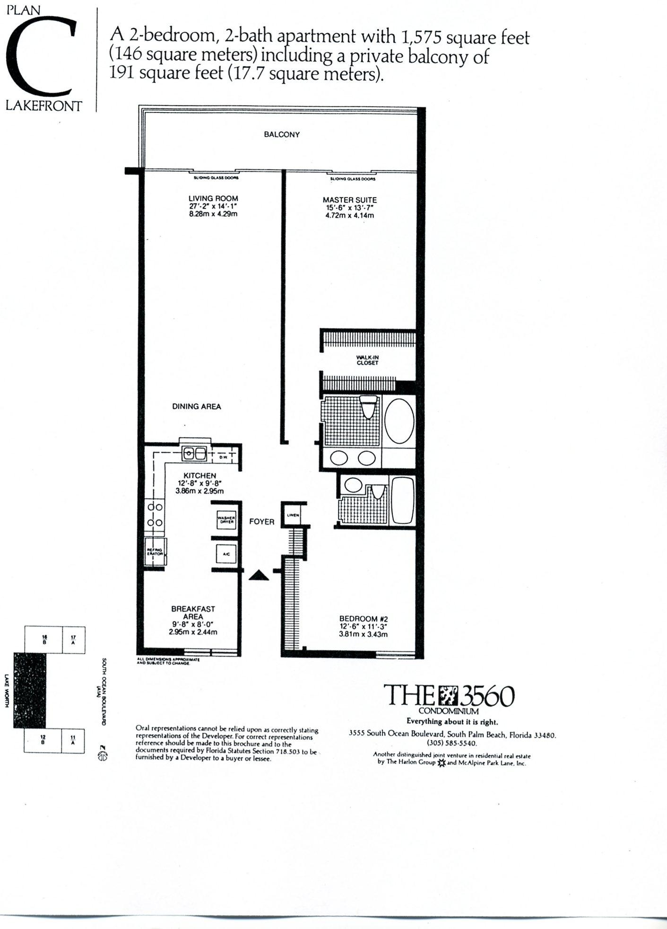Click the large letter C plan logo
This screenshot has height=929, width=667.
(x=42, y=57)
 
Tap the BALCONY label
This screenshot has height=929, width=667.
(x=282, y=134)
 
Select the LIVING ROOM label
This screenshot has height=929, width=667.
(x=213, y=199)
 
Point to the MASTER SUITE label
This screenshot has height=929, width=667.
(x=349, y=200)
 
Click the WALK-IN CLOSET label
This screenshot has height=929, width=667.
(x=367, y=360)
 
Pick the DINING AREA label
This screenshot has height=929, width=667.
(x=196, y=406)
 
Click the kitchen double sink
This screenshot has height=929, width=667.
(x=194, y=454)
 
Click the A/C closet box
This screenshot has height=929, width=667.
(x=226, y=553)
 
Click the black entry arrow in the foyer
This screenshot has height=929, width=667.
(x=259, y=575)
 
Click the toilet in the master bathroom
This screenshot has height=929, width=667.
(x=367, y=406)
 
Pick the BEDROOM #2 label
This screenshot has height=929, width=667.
(x=363, y=618)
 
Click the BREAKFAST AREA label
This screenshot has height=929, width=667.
(x=193, y=613)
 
